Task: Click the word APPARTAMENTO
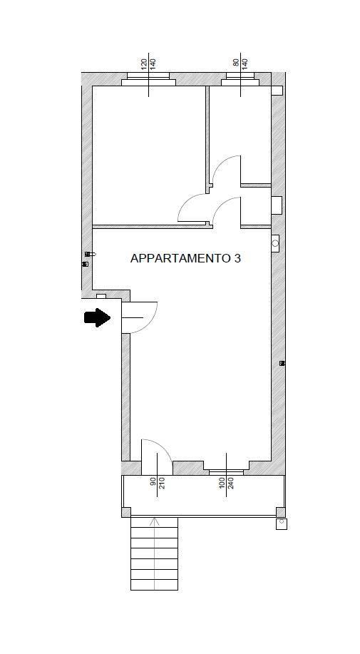180,259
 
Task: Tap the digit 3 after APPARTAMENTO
237,259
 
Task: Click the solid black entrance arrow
97,318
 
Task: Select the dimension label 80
236,63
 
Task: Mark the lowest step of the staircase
154,585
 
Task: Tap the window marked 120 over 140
148,79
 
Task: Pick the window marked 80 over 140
240,79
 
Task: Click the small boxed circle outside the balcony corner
282,524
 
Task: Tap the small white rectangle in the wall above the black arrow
101,296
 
